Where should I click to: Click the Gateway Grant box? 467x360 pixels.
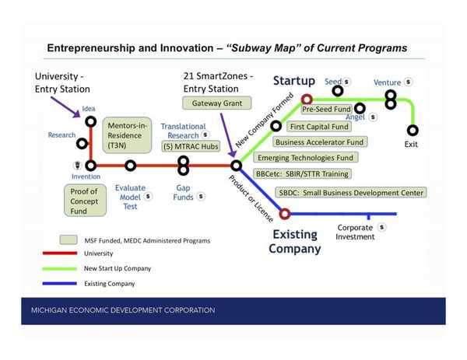coord(212,103)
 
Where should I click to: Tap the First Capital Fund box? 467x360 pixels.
coord(318,126)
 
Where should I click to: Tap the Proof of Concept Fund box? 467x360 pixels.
coord(83,201)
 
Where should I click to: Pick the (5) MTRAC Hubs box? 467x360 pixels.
coord(182,147)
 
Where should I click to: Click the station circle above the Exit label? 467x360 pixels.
coord(413,130)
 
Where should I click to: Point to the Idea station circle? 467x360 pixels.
coord(90,122)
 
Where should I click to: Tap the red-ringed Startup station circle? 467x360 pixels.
coord(307,99)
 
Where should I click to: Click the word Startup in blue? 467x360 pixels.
coord(293,81)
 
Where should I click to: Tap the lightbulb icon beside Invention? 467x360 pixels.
coord(77,165)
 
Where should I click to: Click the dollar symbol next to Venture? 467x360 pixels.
coord(409,82)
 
